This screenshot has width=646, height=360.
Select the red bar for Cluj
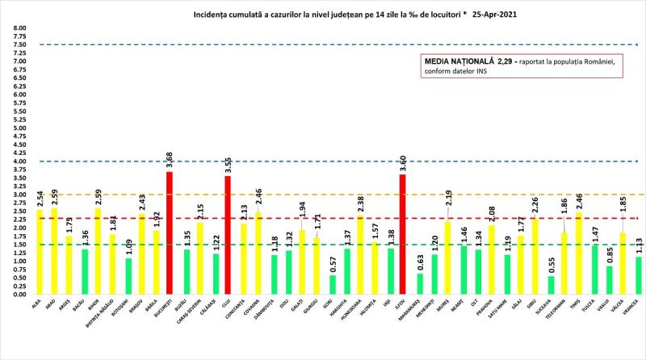click(x=228, y=235)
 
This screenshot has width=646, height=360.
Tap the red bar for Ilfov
click(x=402, y=234)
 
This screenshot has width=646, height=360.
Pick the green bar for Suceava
click(x=552, y=285)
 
